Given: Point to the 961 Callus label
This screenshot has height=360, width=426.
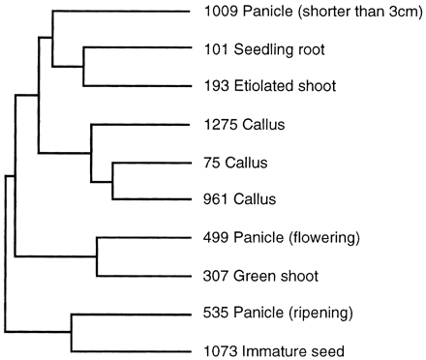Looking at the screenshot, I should click(x=241, y=199).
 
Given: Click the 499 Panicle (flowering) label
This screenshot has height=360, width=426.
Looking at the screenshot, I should click(x=276, y=237).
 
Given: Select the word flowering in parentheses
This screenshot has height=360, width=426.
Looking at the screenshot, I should click(x=312, y=237).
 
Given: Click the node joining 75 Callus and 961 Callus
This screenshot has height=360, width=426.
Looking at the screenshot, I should click(x=113, y=180).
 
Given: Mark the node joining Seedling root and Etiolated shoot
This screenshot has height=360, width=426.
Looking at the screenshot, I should click(x=84, y=68).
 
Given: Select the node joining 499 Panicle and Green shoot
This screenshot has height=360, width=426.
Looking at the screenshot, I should click(x=96, y=256).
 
